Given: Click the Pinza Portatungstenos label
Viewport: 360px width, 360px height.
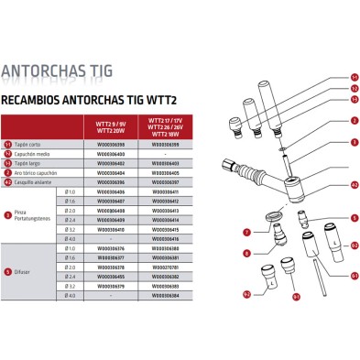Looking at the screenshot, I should pyautogui.click(x=38, y=213).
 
